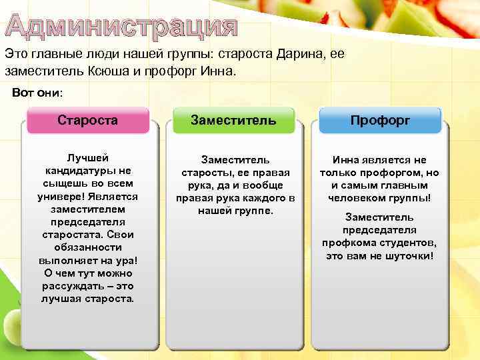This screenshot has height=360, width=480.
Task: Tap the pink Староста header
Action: [87, 121]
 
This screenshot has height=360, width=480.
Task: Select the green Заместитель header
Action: [233, 121]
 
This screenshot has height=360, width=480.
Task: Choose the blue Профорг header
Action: [380, 121]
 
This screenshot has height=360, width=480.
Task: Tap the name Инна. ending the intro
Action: [217, 70]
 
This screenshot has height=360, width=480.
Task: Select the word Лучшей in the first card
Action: [87, 158]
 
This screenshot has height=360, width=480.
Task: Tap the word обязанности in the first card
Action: [87, 247]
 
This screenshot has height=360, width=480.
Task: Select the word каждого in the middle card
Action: [255, 198]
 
